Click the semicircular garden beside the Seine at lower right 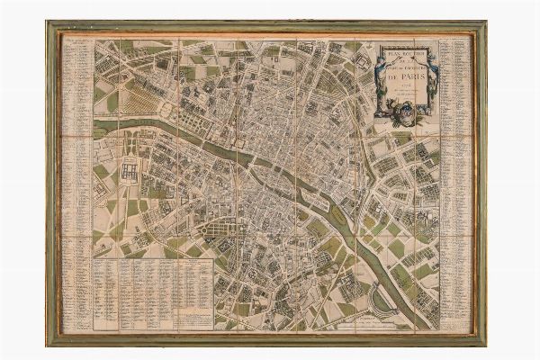[x=383, y=301]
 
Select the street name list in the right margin [x=454, y=180]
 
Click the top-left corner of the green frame [x=49, y=24]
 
